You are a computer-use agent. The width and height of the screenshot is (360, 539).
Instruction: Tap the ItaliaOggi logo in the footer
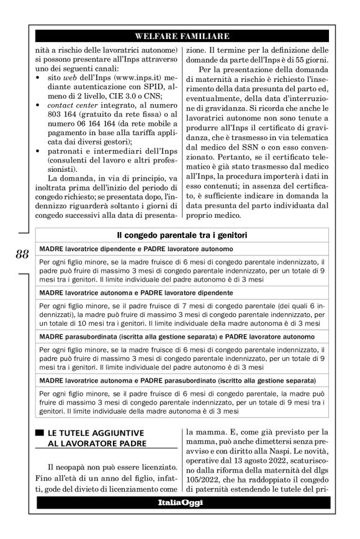181,502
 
